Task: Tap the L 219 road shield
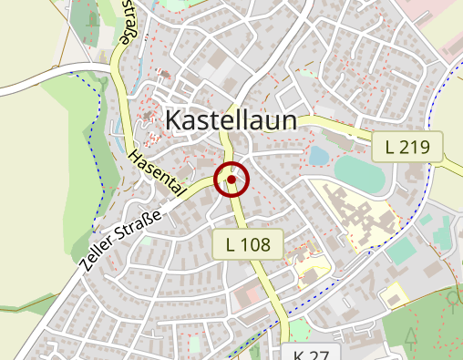click(406, 145)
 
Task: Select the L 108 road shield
click(248, 243)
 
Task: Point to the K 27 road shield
click(311, 354)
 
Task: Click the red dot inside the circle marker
click(231, 180)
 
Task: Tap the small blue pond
click(318, 156)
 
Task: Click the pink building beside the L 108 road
click(246, 295)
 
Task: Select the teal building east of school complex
click(402, 252)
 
